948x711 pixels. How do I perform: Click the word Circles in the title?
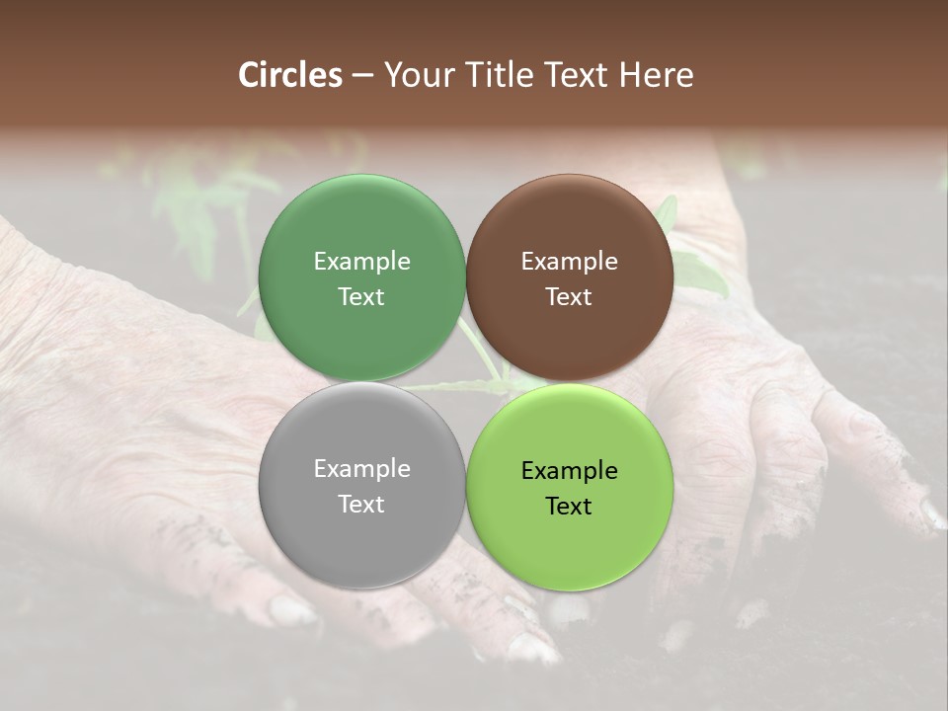point(290,75)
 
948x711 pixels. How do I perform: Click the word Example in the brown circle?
point(569,262)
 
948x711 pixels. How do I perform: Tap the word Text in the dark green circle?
point(361,297)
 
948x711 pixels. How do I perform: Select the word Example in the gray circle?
point(361,469)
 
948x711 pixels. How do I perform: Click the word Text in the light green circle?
point(569,507)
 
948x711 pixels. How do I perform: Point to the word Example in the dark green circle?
point(361,262)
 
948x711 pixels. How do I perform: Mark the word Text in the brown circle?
point(569,297)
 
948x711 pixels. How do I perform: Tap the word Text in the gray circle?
point(361,505)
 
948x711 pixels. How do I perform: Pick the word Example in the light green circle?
point(569,471)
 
